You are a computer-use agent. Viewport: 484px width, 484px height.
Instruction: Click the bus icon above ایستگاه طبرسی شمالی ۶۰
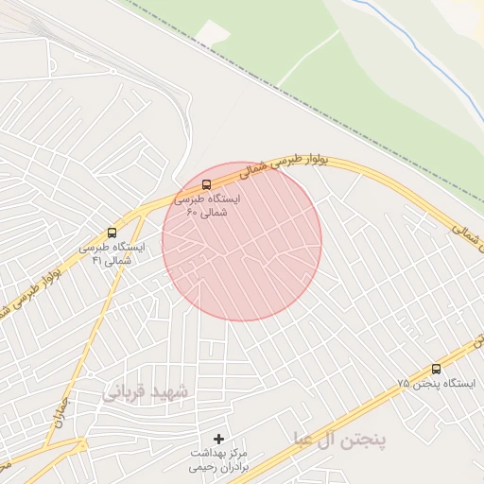point(207,184)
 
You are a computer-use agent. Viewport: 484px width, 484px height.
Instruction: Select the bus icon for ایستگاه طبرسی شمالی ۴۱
point(112,233)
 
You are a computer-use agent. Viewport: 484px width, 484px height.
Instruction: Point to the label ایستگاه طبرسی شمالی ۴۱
point(112,253)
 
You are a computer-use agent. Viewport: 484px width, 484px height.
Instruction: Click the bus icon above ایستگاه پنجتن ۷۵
point(436,369)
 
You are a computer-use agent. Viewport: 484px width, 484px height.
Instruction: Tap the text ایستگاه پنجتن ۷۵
point(429,384)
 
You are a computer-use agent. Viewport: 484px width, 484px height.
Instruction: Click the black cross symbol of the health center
point(219,439)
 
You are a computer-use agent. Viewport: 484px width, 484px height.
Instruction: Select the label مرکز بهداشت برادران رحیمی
point(219,459)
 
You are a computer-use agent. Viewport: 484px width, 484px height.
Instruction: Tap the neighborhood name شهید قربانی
point(144,390)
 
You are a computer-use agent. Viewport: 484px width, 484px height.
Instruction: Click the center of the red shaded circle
point(241,242)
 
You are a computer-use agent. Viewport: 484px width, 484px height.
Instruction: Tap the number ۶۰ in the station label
point(191,215)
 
